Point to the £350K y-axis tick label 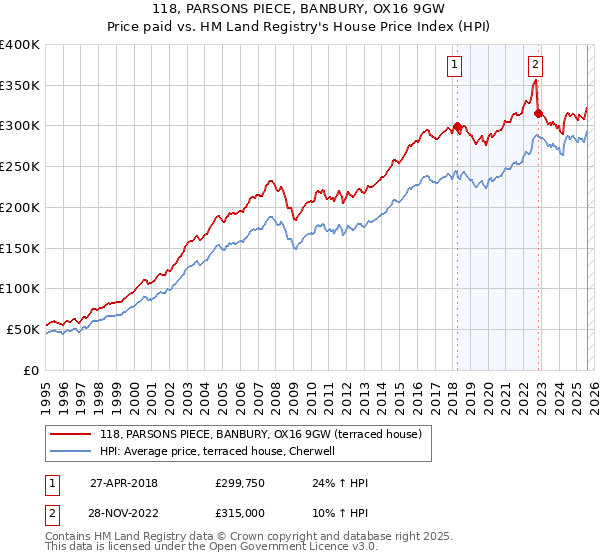(20, 85)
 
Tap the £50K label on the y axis (23, 329)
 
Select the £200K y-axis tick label (20, 207)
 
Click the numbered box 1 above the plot (455, 65)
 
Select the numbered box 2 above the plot (536, 65)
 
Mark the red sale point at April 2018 (457, 127)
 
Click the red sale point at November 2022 (538, 114)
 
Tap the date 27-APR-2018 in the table (124, 483)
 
